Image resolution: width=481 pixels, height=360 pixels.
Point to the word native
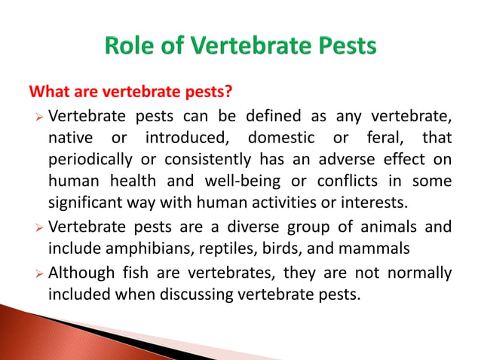(x=72, y=138)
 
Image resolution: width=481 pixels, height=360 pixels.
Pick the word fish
(x=131, y=273)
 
